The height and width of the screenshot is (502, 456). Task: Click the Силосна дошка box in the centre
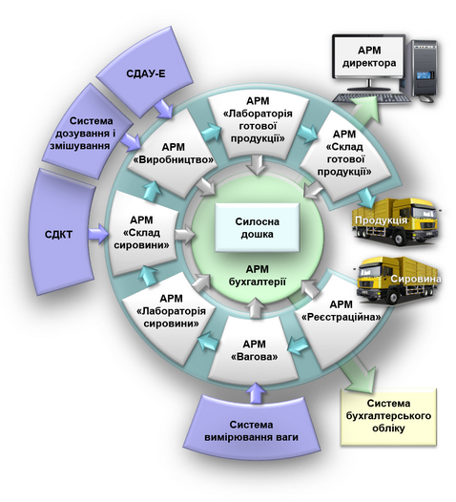coord(257,228)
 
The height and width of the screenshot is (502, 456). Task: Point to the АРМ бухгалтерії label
coord(257,275)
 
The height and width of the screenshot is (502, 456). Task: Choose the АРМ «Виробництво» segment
coord(173,154)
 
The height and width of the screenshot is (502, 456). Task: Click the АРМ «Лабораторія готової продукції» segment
coord(258,121)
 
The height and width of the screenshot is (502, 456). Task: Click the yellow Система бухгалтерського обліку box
coord(389,416)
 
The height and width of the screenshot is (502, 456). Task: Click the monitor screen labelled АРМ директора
coord(369,56)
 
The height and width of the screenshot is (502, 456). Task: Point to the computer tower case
coord(424,69)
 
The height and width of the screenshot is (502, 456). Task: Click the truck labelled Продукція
coord(395,221)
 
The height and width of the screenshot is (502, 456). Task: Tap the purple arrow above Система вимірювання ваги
coord(257,392)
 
